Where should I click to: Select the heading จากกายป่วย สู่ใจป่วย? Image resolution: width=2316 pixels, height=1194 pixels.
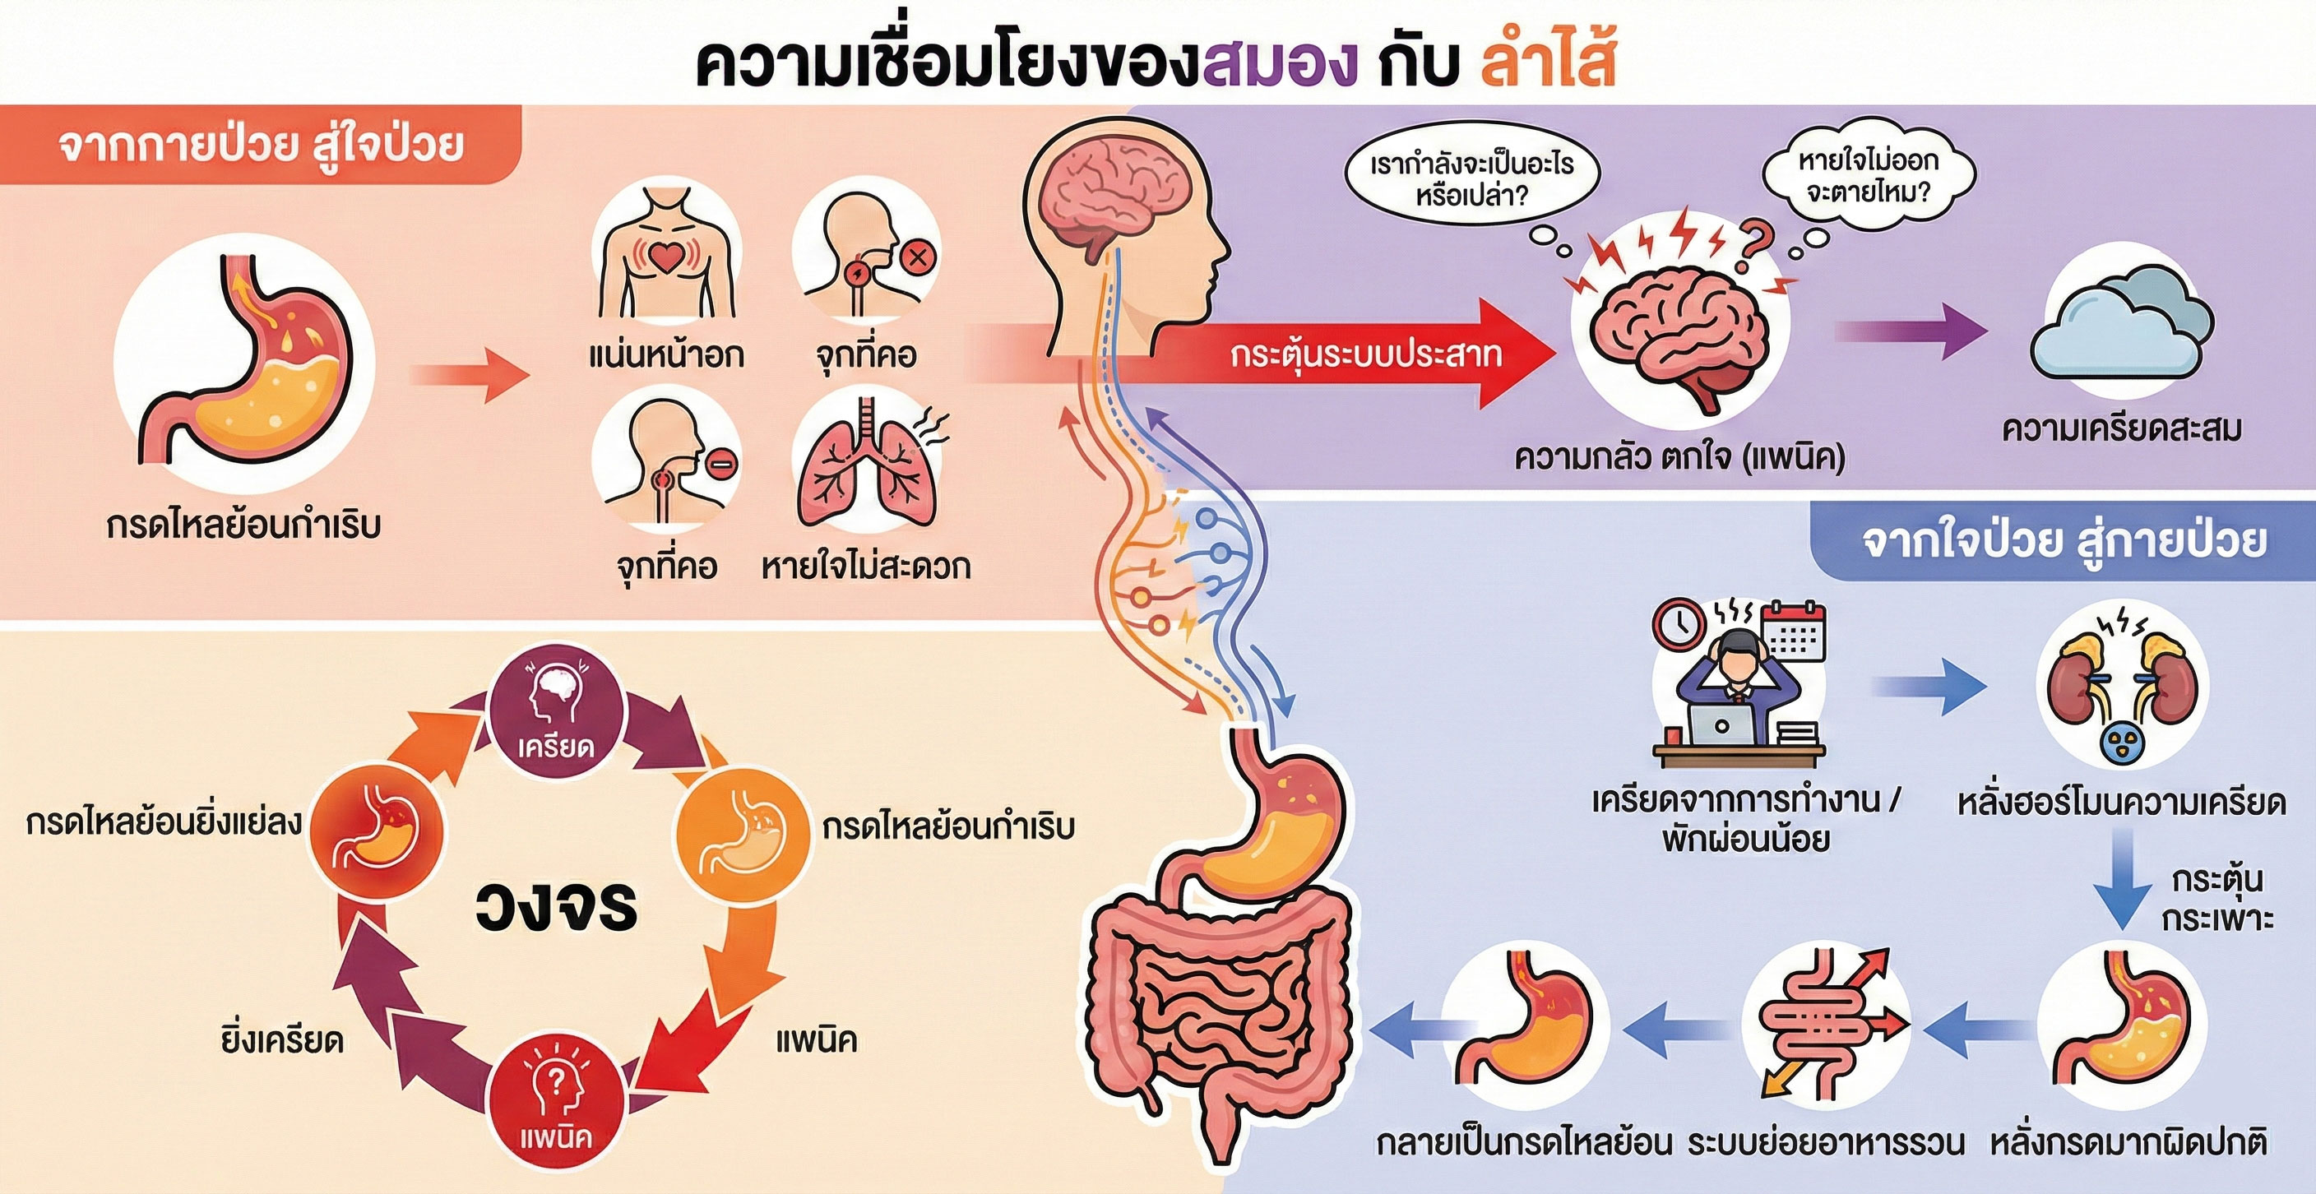pos(261,146)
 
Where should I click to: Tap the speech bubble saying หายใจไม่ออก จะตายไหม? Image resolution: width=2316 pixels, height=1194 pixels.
pos(1869,176)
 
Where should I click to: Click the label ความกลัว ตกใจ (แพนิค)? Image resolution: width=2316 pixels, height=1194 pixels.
pos(1679,456)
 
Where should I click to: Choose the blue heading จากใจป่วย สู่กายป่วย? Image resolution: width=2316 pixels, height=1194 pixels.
pos(2064,540)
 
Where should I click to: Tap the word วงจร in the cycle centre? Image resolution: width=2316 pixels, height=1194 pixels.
pos(556,905)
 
